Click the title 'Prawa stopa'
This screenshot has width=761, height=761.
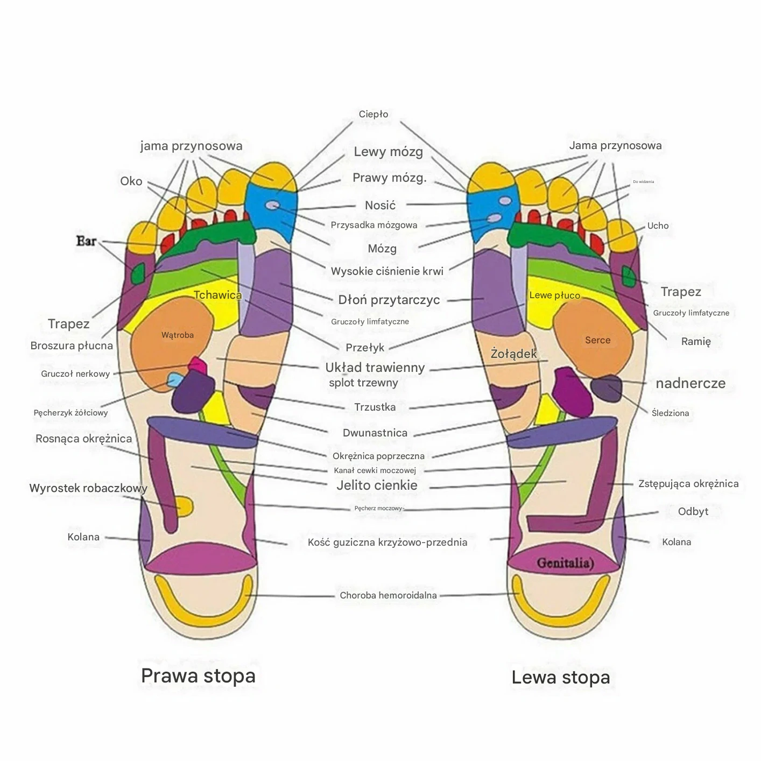click(x=198, y=675)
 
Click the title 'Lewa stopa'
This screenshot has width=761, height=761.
click(x=560, y=677)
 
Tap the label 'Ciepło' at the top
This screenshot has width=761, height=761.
click(x=374, y=114)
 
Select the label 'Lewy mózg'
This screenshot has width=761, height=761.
click(x=388, y=152)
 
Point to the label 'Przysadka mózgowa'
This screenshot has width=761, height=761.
click(x=374, y=225)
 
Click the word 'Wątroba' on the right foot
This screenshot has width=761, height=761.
click(x=178, y=335)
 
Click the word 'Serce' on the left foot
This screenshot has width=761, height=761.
click(x=597, y=340)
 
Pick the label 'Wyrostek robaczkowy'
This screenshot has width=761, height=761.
click(x=88, y=488)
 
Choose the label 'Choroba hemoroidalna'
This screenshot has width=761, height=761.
click(x=388, y=595)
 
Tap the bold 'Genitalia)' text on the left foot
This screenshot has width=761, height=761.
click(x=565, y=563)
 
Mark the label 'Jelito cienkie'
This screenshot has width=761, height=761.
click(x=377, y=485)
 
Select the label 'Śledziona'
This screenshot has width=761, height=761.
click(x=670, y=413)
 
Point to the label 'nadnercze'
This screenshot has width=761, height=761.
click(x=690, y=383)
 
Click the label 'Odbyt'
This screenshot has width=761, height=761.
click(x=693, y=511)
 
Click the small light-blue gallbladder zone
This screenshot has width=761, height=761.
click(x=174, y=380)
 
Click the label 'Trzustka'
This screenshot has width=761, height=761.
click(x=375, y=407)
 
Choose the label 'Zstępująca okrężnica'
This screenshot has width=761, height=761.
click(x=688, y=483)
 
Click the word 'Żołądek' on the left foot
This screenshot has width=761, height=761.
click(x=513, y=354)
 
